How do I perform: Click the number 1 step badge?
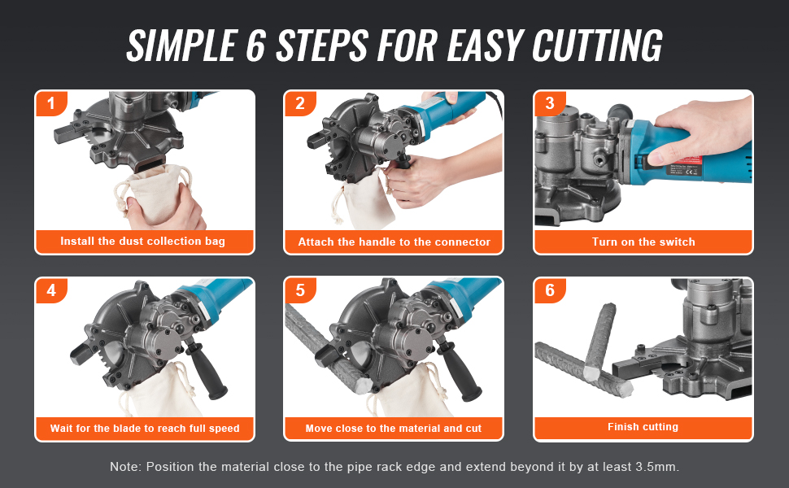50,103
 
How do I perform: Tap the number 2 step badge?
300,103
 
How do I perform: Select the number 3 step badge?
550,103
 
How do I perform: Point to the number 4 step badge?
50,290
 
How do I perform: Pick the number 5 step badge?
300,290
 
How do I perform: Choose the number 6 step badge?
550,290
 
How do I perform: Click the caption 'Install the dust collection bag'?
143,242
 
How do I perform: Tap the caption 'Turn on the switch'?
643,242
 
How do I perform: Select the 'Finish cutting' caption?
643,427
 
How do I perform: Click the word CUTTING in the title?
597,46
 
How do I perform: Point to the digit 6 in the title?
256,46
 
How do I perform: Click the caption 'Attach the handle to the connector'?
394,242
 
